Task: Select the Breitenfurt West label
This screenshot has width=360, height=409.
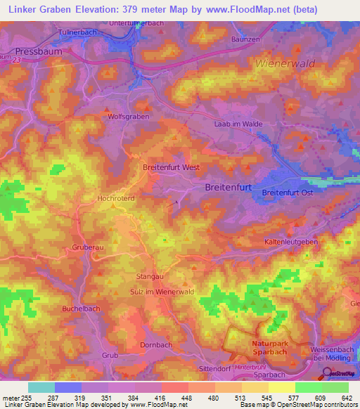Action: (172, 168)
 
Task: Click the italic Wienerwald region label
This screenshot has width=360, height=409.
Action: (286, 63)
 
